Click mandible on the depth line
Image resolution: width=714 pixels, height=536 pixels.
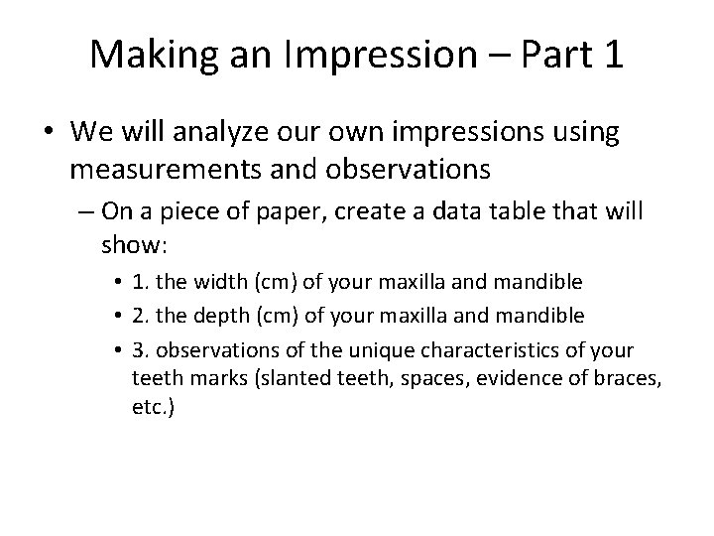535,316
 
